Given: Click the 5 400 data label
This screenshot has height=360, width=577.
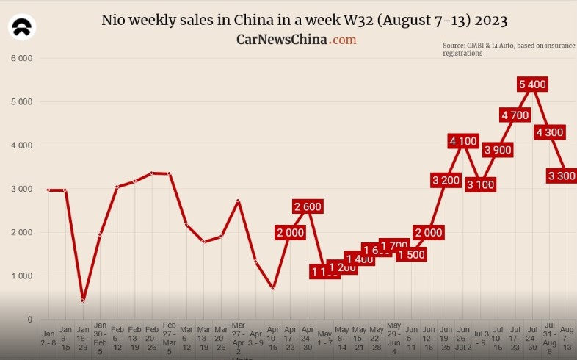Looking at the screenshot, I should pos(532,84).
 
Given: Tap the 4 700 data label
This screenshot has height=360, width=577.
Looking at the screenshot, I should pos(515,115).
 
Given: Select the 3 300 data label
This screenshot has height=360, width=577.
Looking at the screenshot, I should pos(562,176).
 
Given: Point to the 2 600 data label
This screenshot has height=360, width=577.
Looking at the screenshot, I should pos(307,206).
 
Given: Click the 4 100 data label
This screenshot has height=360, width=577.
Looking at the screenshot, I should pos(463,141).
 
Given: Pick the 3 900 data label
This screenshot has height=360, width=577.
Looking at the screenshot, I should pos(498,150).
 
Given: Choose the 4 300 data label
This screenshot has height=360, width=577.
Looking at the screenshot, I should pos(549,132).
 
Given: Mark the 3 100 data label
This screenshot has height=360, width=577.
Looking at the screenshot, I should pos(481,184).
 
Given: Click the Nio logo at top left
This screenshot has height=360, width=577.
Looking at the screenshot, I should pos(22,29).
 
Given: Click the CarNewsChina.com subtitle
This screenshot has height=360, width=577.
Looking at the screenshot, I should pos(296,39).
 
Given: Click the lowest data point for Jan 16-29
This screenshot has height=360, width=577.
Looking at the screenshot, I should pos(83,300).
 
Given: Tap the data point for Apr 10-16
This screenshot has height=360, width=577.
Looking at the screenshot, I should pos(272,288).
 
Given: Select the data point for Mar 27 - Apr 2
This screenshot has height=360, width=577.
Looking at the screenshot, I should pos(238,201).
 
